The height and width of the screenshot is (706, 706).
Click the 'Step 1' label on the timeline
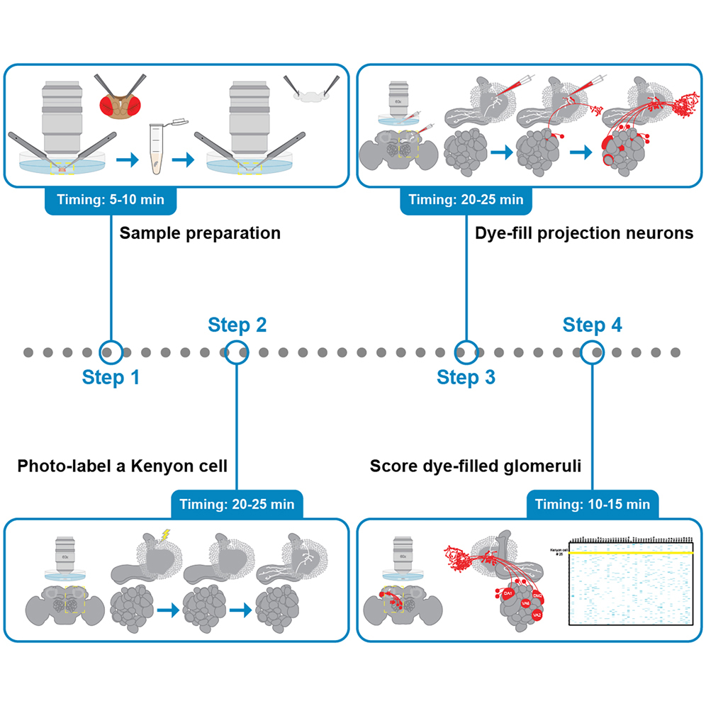coord(111,377)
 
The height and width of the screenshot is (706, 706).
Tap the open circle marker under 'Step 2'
coord(237,351)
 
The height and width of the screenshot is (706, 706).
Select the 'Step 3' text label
coord(466,377)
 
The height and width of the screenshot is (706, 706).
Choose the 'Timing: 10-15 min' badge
coord(593,504)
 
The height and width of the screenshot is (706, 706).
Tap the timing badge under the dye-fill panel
coord(466,199)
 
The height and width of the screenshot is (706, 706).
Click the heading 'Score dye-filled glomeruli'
coord(476,466)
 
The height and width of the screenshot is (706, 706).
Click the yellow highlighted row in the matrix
coord(629,551)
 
